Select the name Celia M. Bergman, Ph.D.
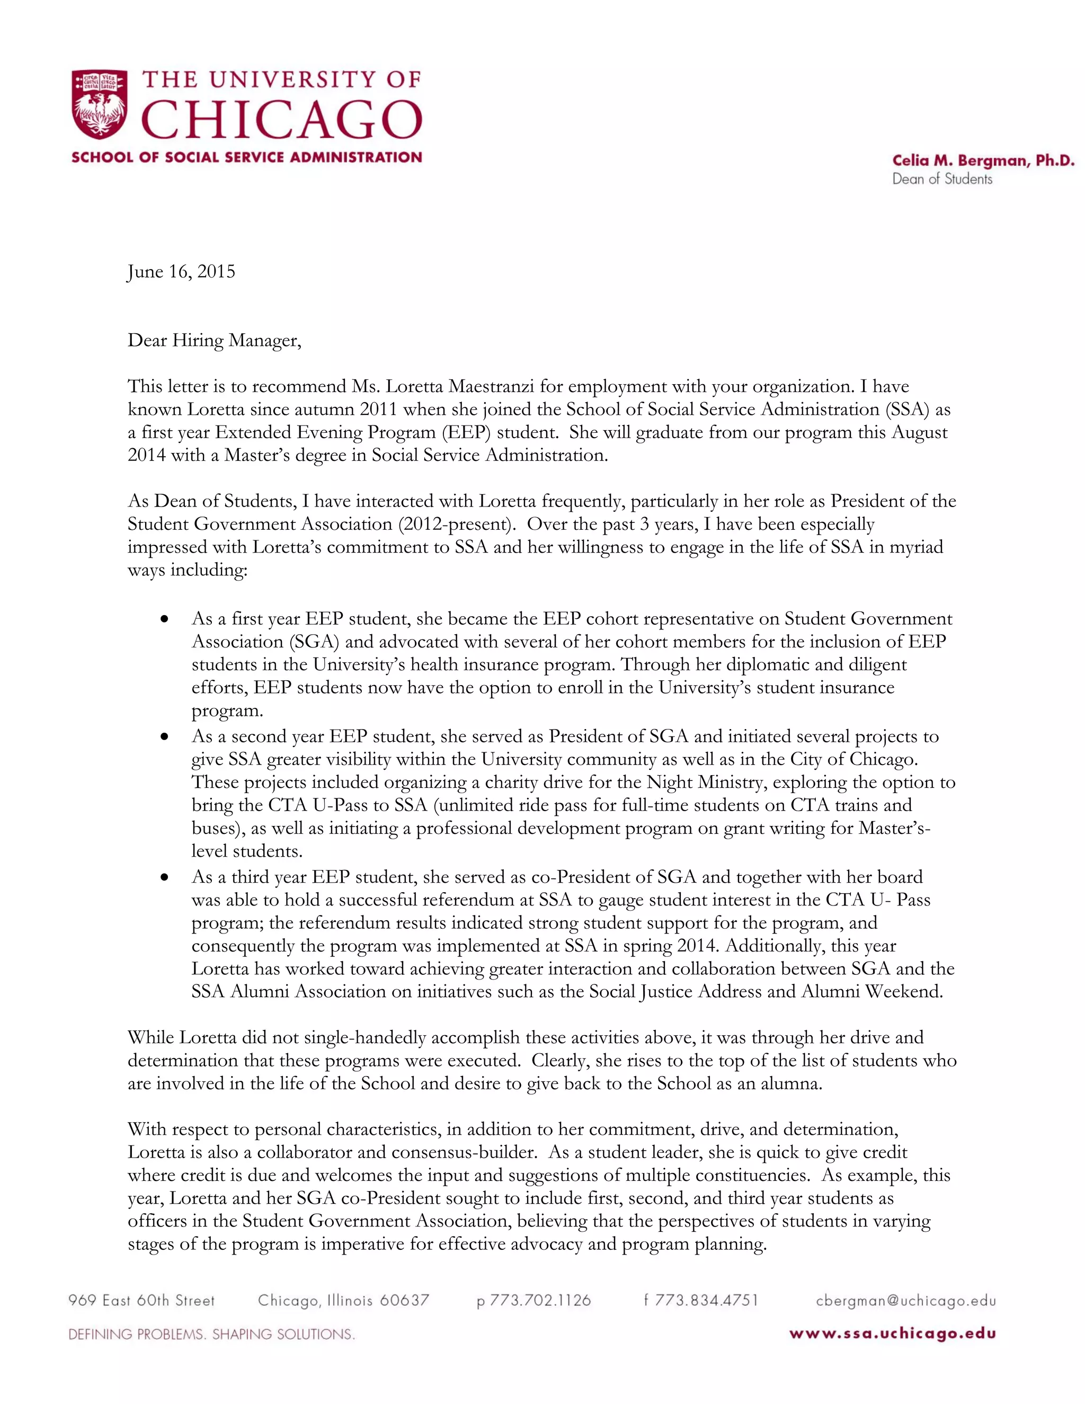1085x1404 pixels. pos(983,161)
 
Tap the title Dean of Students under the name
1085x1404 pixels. pos(941,180)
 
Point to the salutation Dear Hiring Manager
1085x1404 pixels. pos(214,340)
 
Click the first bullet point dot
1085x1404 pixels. pos(166,619)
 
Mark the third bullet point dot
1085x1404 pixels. pos(166,877)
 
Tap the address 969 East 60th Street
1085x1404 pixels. pos(141,1301)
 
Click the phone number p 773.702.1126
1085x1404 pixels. pos(533,1301)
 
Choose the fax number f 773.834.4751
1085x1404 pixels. pos(701,1301)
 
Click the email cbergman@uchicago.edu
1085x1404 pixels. pos(905,1301)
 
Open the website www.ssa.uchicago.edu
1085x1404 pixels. pos(892,1334)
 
